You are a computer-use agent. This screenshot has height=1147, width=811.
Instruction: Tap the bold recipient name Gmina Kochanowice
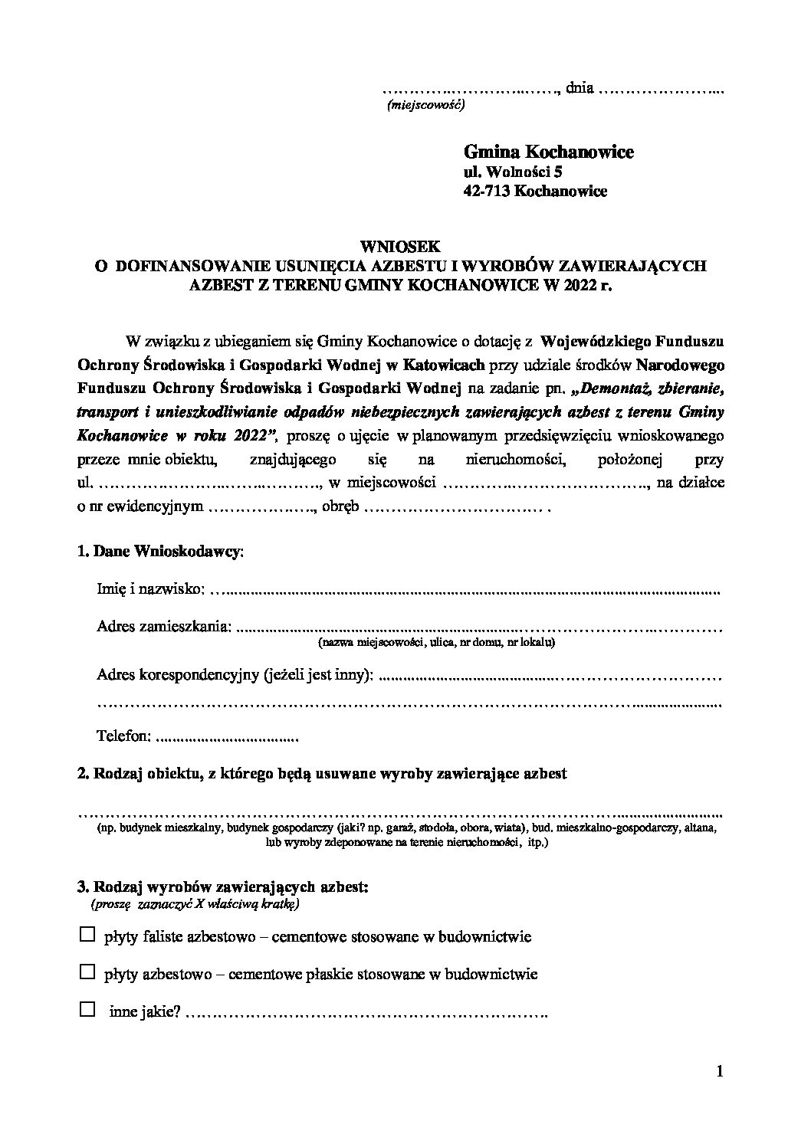548,152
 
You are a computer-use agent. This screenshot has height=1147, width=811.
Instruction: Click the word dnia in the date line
580,87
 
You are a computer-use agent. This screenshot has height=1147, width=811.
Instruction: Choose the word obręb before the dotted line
340,506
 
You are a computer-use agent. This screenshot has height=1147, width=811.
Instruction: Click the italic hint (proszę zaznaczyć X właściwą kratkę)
195,904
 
